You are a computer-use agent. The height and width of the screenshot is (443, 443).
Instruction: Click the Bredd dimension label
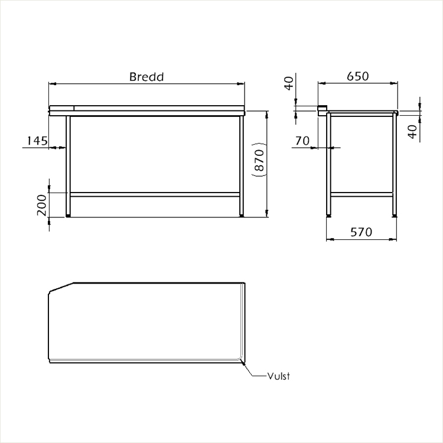coord(146,77)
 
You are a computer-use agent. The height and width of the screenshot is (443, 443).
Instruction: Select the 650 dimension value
coord(358,76)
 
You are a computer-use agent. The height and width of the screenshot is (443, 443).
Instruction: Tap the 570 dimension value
coord(361,232)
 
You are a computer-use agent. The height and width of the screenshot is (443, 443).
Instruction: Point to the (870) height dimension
coord(259,160)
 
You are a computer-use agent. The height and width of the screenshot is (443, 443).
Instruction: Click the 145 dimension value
coord(37,141)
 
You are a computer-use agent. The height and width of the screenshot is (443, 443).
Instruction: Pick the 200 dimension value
coord(42,205)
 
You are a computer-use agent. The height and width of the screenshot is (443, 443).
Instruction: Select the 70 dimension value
coord(302,141)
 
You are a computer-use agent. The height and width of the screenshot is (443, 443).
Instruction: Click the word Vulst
coord(279,376)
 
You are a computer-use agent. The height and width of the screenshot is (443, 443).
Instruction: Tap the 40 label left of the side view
coord(289,83)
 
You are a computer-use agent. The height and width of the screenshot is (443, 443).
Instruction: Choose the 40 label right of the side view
coord(413,132)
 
